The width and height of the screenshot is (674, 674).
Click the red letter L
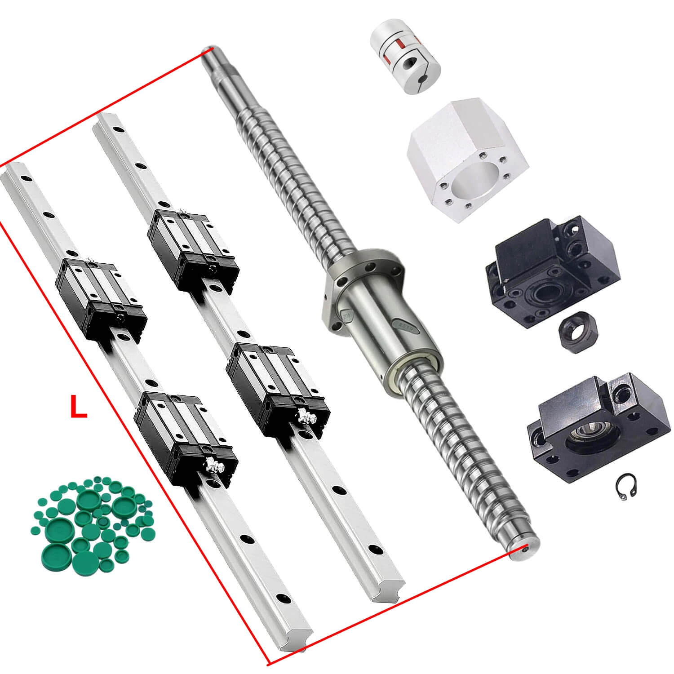coord(79,407)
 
